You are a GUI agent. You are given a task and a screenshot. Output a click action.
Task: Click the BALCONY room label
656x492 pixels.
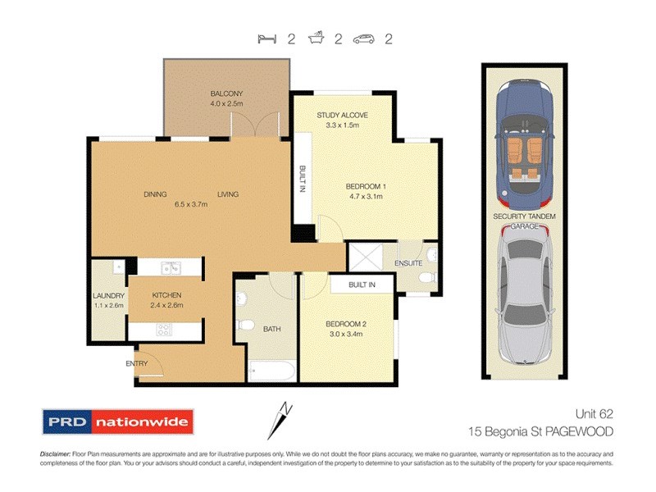click(225, 93)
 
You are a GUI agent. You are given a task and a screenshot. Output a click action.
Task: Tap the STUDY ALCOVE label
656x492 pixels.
click(342, 115)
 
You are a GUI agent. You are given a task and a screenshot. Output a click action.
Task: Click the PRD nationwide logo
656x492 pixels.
click(118, 423)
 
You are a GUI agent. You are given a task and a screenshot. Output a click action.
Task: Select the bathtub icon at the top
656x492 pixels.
click(316, 39)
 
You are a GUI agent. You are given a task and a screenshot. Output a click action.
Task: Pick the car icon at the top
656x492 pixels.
click(364, 39)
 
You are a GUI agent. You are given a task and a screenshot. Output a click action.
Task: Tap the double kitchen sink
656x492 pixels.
click(171, 266)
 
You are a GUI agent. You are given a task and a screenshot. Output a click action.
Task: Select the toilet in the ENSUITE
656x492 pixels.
click(426, 278)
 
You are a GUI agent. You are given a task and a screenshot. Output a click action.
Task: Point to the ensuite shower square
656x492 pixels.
click(365, 257)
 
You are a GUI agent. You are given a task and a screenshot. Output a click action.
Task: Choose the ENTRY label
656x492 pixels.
click(136, 362)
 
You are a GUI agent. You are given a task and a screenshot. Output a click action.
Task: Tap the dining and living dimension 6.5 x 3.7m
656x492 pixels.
click(189, 205)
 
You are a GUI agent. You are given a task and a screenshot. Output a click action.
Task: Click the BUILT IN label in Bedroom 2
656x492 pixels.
click(361, 285)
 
